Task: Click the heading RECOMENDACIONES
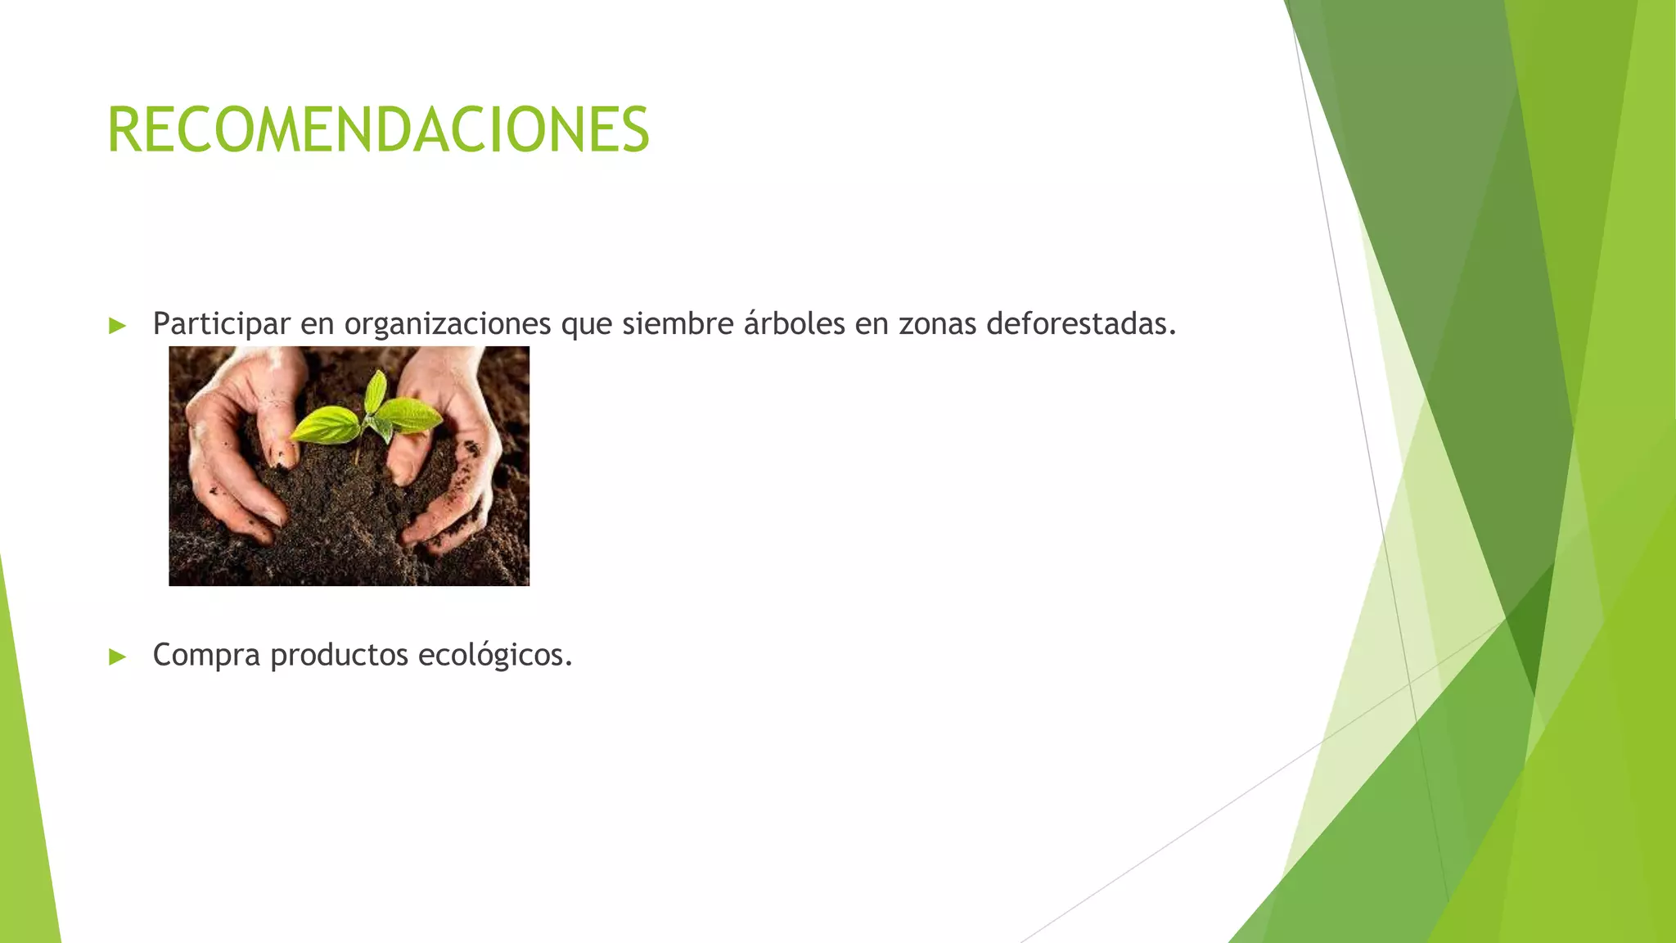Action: coord(378,130)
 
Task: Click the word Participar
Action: coord(221,324)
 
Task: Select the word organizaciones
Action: coord(447,324)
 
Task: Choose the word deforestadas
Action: coord(1080,324)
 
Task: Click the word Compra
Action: coord(206,655)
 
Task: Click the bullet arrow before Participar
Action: coord(118,326)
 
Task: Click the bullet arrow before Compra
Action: coord(118,656)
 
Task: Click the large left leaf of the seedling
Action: coord(325,424)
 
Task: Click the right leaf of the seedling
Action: coord(413,414)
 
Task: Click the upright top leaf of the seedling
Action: coord(376,391)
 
